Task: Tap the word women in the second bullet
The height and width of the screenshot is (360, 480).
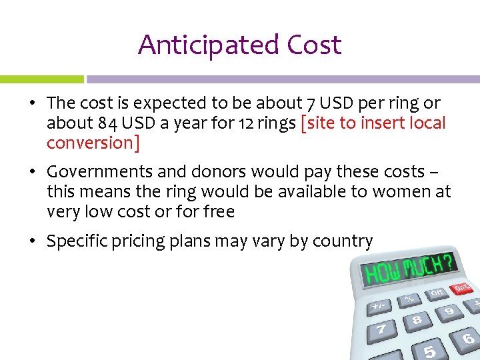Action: click(400, 192)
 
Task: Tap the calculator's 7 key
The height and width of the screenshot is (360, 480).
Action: click(381, 329)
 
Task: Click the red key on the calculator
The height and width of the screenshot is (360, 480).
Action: click(462, 288)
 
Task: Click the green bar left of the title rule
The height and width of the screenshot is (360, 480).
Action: click(41, 79)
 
